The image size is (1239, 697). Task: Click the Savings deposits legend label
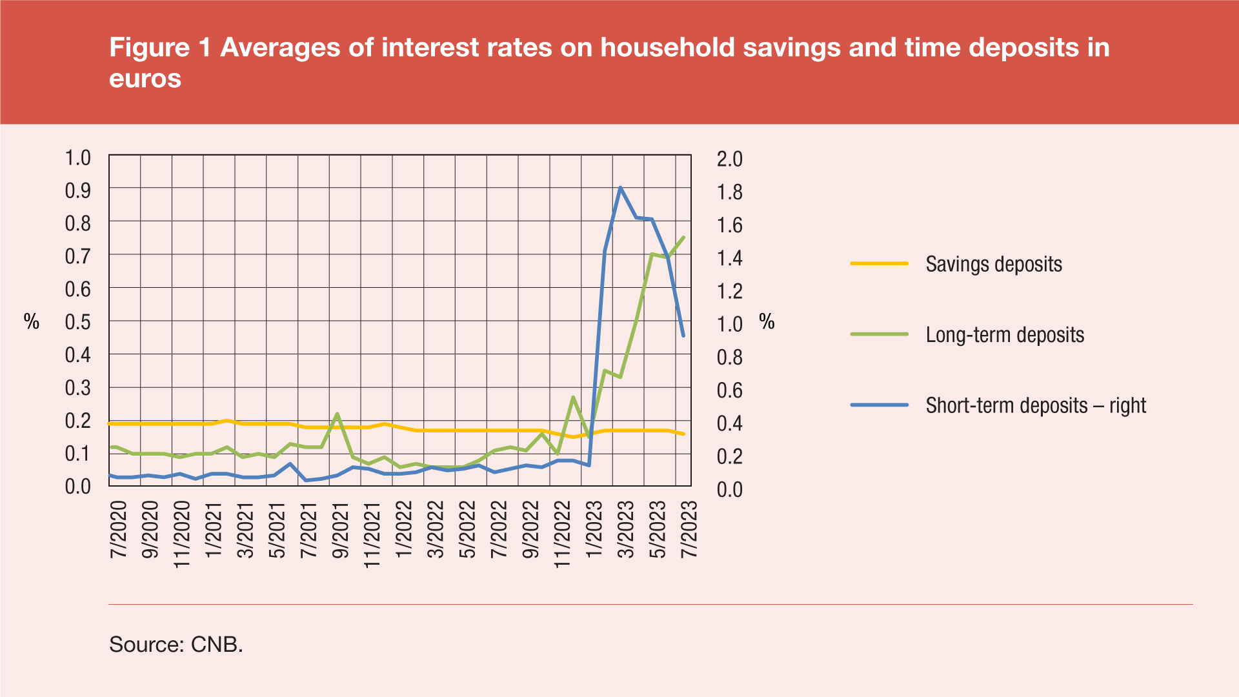[993, 264]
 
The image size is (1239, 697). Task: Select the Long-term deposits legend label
[1004, 335]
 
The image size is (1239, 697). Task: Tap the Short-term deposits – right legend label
[1035, 405]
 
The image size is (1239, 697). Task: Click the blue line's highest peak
[620, 188]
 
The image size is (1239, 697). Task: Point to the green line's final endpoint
[683, 237]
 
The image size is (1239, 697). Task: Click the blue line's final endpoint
[683, 336]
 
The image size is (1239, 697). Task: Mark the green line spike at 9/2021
[337, 414]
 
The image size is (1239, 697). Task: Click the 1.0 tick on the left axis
[78, 157]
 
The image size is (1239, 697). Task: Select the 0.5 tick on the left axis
[78, 321]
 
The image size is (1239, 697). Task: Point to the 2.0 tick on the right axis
[730, 159]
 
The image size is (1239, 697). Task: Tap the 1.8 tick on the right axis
[730, 192]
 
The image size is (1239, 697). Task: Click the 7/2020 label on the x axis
[119, 529]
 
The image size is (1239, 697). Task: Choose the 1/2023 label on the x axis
[593, 529]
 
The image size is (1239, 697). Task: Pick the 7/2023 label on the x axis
[689, 529]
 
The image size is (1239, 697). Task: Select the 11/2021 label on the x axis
[372, 534]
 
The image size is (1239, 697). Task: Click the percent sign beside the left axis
[32, 321]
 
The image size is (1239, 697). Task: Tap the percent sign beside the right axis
[767, 321]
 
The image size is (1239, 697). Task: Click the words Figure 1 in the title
[160, 48]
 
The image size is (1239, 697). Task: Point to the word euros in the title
[145, 79]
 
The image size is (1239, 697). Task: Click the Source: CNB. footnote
[176, 644]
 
